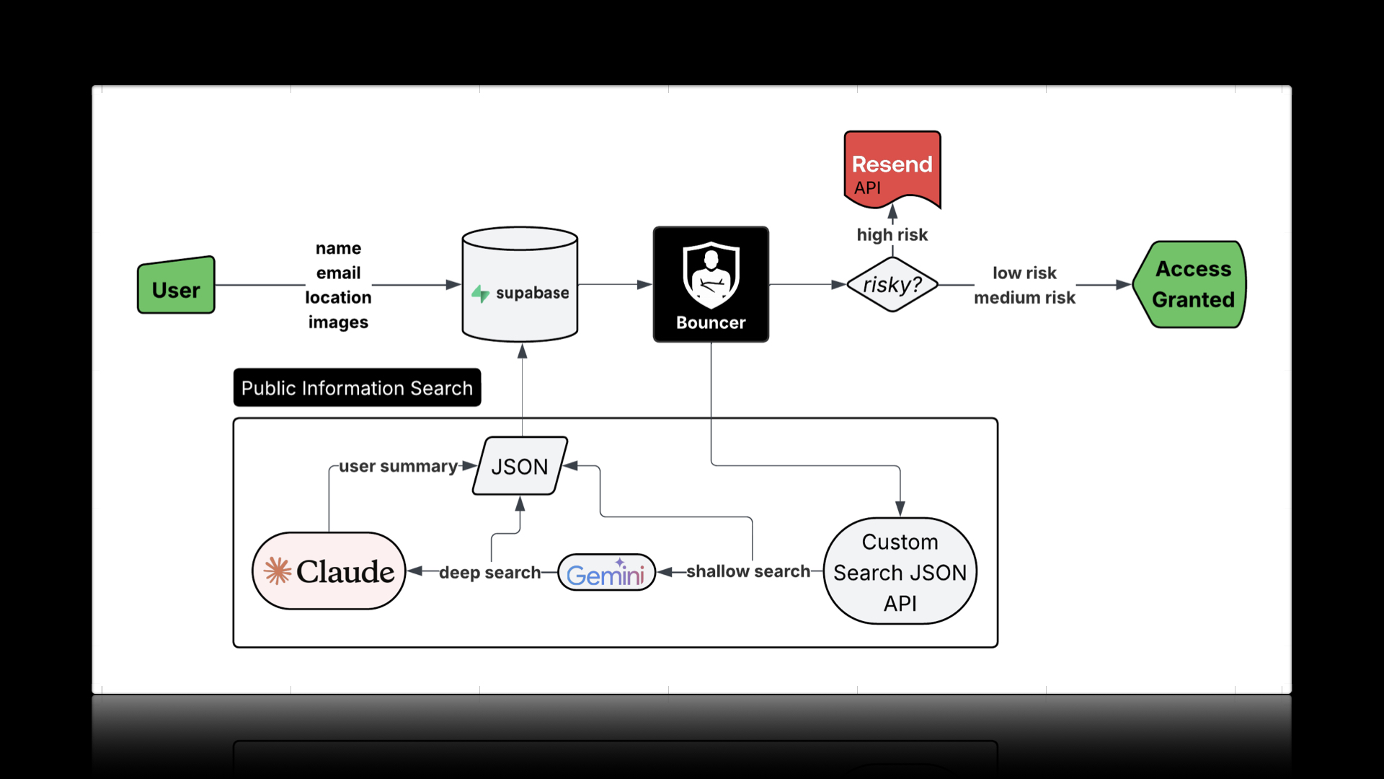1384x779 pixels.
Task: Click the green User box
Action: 176,286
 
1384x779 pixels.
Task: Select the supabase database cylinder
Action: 520,285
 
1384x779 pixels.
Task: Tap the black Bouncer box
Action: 711,284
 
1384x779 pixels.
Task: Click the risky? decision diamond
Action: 892,285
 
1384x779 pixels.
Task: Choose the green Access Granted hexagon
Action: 1190,285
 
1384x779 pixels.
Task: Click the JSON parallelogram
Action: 520,467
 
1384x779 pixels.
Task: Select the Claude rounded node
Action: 329,571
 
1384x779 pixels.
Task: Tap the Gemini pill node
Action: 606,573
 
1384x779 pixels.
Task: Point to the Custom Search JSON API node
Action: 900,572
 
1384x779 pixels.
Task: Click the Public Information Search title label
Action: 357,388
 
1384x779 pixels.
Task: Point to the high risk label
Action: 892,235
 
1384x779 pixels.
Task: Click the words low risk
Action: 1024,273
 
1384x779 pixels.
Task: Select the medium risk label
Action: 1024,298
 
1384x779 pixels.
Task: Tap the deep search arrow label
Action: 489,573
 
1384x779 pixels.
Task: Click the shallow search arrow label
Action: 748,572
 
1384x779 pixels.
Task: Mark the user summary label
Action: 398,467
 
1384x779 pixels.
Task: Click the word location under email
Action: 338,298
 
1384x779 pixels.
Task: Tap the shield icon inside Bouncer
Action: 711,275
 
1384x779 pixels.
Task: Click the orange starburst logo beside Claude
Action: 278,571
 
